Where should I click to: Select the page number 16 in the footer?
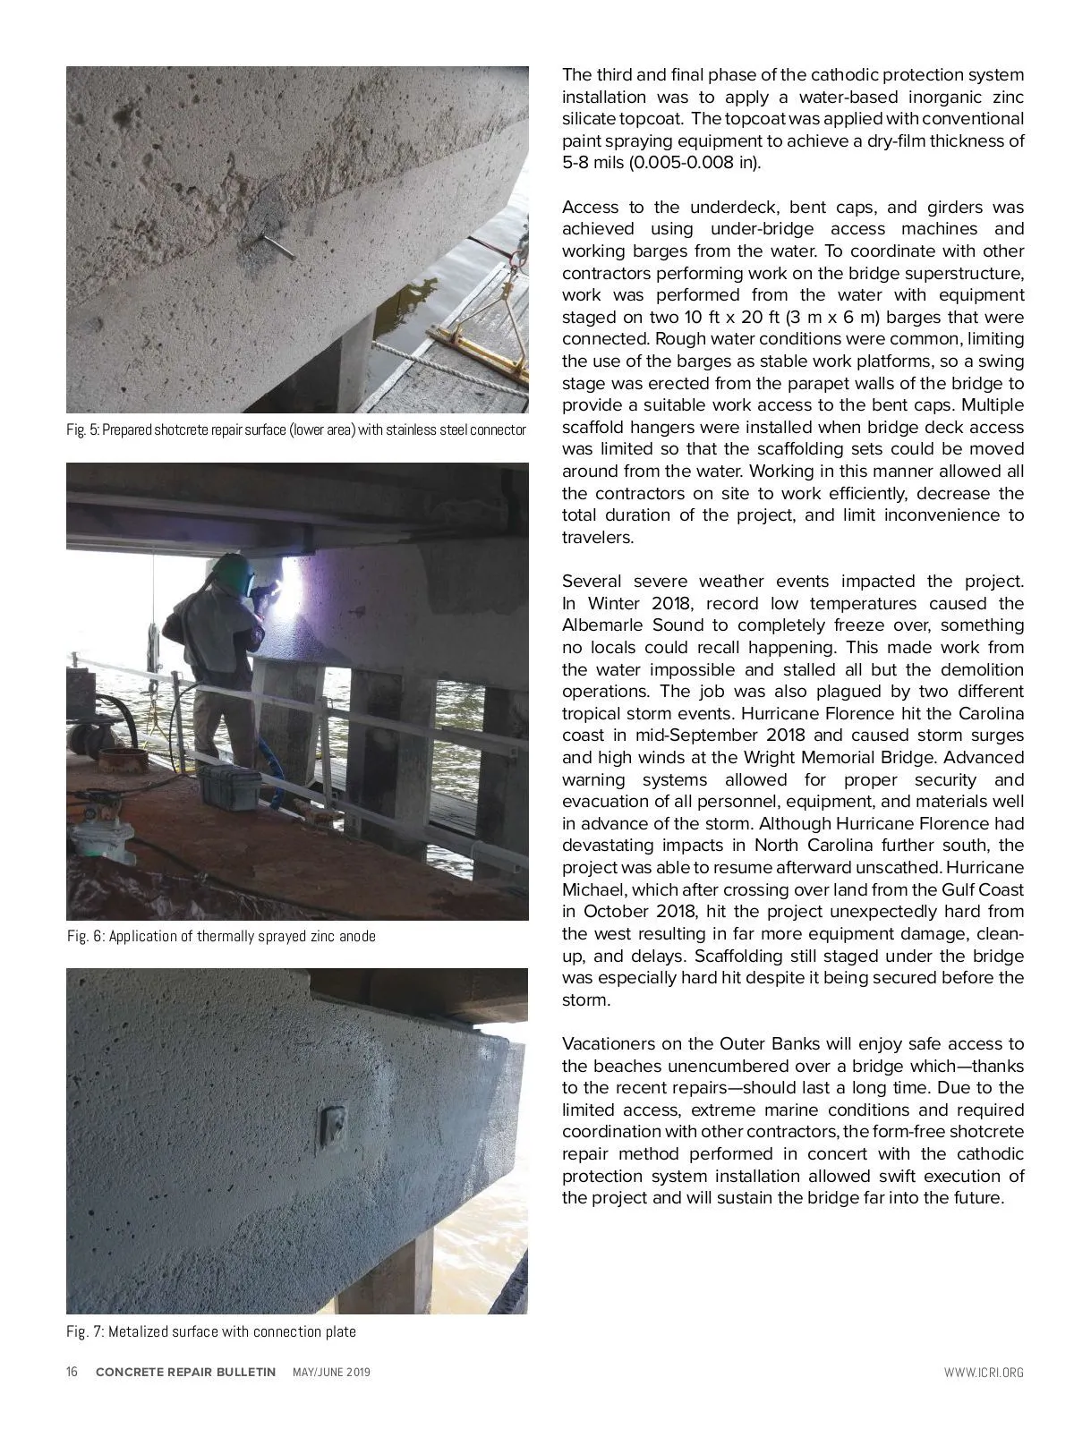click(72, 1372)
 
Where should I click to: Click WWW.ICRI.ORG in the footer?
click(983, 1372)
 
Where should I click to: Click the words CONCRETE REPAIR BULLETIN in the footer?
click(185, 1372)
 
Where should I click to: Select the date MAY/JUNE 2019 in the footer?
click(331, 1372)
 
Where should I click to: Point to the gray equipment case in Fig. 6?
click(228, 787)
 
